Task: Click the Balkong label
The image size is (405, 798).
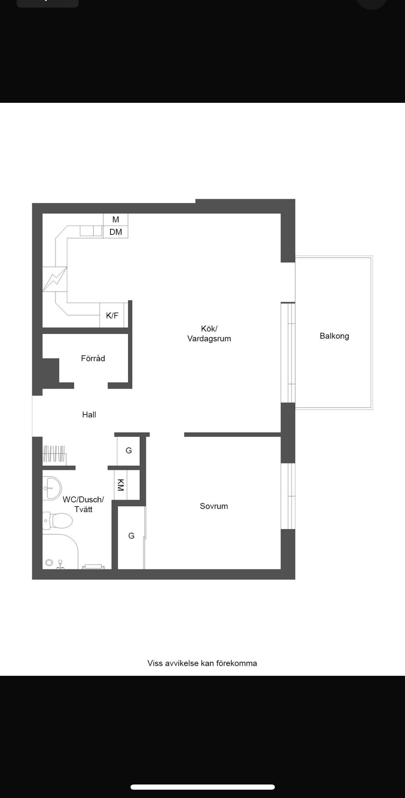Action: pyautogui.click(x=334, y=336)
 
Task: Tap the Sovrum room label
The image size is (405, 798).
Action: pyautogui.click(x=214, y=506)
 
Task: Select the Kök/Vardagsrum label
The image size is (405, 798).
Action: pyautogui.click(x=209, y=334)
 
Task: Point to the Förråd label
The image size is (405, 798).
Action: pyautogui.click(x=93, y=358)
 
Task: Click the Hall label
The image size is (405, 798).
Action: pyautogui.click(x=89, y=414)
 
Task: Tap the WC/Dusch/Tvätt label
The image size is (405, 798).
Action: pyautogui.click(x=83, y=504)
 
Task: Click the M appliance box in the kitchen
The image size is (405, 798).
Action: pyautogui.click(x=116, y=219)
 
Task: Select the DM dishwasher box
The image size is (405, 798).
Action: pyautogui.click(x=116, y=232)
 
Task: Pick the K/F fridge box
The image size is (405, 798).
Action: pyautogui.click(x=112, y=315)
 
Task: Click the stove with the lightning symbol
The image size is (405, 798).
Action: pyautogui.click(x=55, y=279)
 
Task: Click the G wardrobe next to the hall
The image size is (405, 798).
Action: pyautogui.click(x=128, y=450)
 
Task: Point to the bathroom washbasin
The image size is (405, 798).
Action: pyautogui.click(x=52, y=488)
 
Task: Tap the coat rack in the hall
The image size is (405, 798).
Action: pyautogui.click(x=54, y=455)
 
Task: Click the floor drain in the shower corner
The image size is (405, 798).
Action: pyautogui.click(x=49, y=563)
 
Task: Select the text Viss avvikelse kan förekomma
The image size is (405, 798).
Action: pyautogui.click(x=202, y=663)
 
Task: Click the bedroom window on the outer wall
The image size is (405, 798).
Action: pyautogui.click(x=288, y=496)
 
